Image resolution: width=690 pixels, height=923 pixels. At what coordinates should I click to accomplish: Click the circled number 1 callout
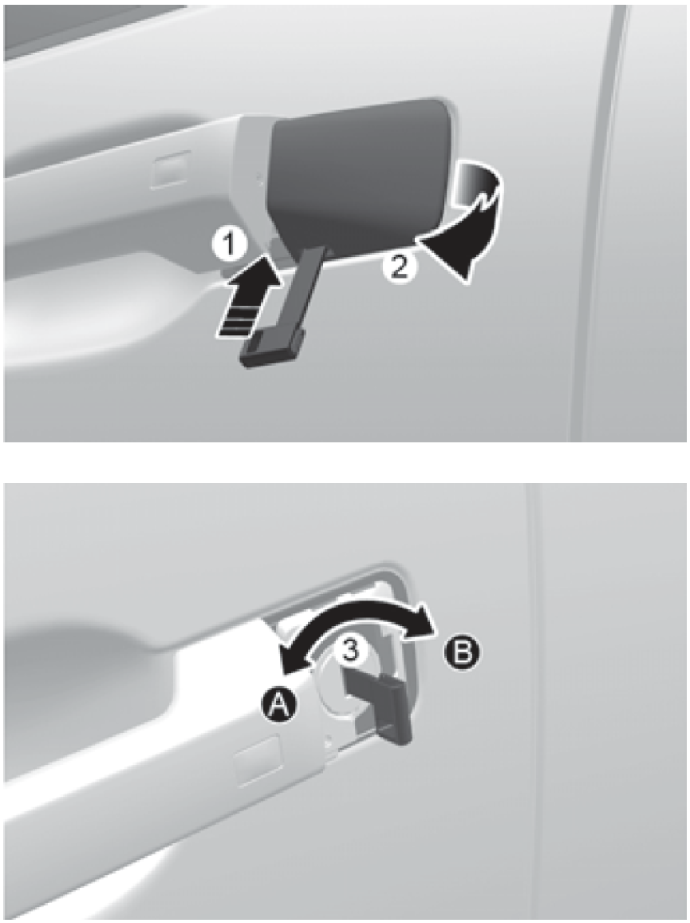229,245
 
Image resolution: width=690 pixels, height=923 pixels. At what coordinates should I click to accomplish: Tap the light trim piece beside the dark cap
252,176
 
